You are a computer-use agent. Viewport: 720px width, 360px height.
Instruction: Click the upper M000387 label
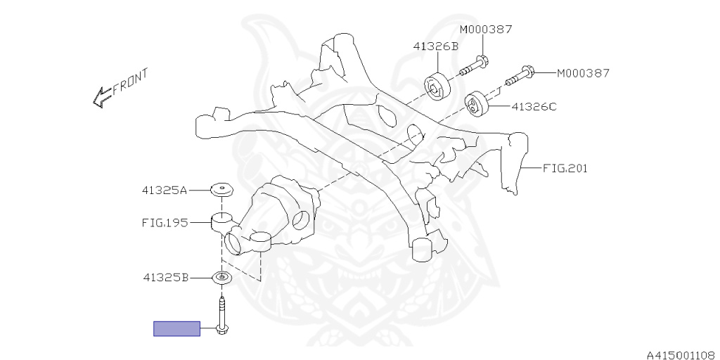tap(486, 30)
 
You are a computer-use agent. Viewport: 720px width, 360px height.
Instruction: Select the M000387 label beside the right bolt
tap(583, 73)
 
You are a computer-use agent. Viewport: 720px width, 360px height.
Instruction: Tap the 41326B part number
tap(436, 46)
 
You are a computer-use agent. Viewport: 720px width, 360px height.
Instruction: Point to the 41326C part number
tap(534, 107)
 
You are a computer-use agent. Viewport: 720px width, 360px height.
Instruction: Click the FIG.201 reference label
tap(565, 169)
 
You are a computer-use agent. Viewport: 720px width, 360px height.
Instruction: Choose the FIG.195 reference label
tap(165, 223)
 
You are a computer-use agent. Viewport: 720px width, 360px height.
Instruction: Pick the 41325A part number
tap(165, 190)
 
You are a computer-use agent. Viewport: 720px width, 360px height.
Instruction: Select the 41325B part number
tap(166, 278)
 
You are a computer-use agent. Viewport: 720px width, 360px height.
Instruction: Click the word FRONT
tap(131, 81)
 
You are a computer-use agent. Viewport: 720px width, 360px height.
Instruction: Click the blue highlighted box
tap(176, 329)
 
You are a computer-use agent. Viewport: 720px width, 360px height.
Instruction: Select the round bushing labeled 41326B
tap(436, 85)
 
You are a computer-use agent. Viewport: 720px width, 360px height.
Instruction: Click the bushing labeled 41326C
tap(476, 105)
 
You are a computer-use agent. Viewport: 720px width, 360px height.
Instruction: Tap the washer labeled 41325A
tap(221, 189)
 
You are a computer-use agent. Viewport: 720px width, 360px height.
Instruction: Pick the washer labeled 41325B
tap(221, 278)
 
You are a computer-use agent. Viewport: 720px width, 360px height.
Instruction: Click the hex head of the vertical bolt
tap(222, 329)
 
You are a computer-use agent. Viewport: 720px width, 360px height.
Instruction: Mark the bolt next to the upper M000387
tap(474, 66)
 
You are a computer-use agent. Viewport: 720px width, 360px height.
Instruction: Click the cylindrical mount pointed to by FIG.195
tap(221, 222)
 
